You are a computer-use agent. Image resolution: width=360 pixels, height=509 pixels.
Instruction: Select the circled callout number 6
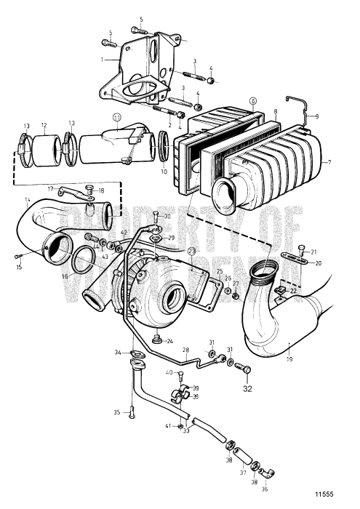253,102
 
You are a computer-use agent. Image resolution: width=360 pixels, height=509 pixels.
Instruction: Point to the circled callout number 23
192,252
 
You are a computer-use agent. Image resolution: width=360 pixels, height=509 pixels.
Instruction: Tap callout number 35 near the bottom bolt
116,412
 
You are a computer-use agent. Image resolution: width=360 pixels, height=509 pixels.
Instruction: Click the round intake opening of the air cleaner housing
225,195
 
